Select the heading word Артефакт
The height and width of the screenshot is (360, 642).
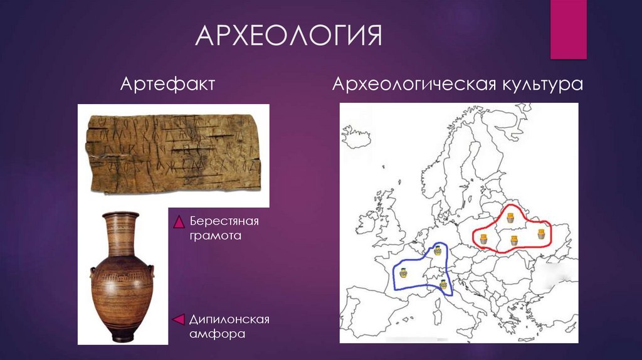click(x=167, y=83)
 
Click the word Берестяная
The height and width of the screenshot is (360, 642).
click(x=223, y=221)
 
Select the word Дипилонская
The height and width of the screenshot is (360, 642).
click(x=229, y=320)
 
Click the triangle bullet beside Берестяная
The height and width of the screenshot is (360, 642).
click(x=178, y=222)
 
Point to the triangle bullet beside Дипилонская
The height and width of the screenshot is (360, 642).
click(x=178, y=320)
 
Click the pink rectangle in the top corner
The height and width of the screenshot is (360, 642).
click(x=568, y=29)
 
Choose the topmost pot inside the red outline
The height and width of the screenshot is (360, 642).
click(x=510, y=219)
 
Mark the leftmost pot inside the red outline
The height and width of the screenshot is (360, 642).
click(x=483, y=238)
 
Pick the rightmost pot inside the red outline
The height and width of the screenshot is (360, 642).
click(x=541, y=235)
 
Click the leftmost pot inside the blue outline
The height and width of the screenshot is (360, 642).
click(x=402, y=272)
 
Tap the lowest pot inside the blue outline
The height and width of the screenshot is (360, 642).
click(x=444, y=285)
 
